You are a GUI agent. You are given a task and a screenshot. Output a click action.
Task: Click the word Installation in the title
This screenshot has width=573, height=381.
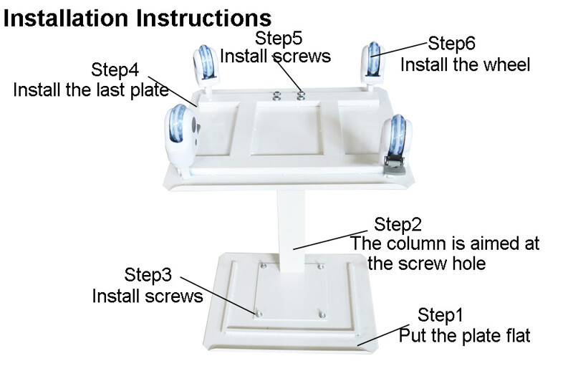pyautogui.click(x=66, y=19)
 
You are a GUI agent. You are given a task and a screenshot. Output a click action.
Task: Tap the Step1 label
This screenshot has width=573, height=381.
pyautogui.click(x=440, y=315)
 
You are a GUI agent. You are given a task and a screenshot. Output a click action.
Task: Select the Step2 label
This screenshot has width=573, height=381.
pyautogui.click(x=398, y=224)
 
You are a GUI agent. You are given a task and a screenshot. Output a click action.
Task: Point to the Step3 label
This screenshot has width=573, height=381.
pyautogui.click(x=148, y=275)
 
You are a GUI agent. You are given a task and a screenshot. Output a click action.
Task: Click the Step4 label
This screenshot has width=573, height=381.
pyautogui.click(x=115, y=69)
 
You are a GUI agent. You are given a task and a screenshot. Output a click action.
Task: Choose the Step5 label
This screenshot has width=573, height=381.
pyautogui.click(x=279, y=38)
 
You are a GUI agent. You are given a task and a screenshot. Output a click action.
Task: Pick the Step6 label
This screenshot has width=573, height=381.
pyautogui.click(x=451, y=43)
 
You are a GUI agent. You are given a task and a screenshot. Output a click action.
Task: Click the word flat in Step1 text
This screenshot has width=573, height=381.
pyautogui.click(x=516, y=336)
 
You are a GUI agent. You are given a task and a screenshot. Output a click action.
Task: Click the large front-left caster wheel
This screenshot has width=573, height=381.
pyautogui.click(x=181, y=137)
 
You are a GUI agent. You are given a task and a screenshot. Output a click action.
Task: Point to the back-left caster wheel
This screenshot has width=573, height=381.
pyautogui.click(x=206, y=65)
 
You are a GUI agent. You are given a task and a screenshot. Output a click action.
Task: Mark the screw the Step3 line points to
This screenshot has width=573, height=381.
pyautogui.click(x=259, y=314)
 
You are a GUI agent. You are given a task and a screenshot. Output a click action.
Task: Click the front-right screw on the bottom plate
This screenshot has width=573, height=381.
pyautogui.click(x=322, y=314)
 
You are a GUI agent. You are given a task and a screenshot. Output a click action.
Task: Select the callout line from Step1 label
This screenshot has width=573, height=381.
pyautogui.click(x=383, y=334)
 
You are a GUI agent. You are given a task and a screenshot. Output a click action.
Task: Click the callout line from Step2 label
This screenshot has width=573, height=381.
pyautogui.click(x=330, y=240)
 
